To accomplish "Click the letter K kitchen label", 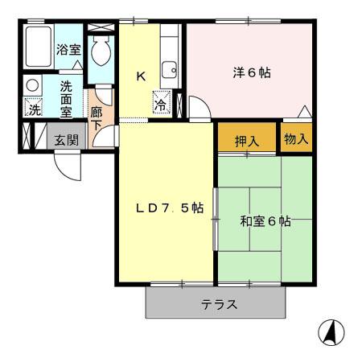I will [140, 76].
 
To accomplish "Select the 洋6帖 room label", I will [251, 72].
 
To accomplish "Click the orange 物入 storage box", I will [296, 138].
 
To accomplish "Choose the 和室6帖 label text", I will [265, 221].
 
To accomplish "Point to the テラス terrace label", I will [219, 305].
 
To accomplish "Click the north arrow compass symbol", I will [331, 331].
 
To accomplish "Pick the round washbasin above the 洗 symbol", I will [32, 84].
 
